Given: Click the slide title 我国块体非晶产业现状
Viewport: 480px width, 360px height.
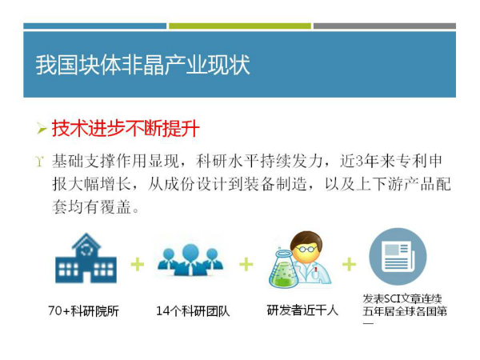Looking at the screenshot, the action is [x=142, y=65].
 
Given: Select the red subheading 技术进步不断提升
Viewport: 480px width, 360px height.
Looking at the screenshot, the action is [x=126, y=128].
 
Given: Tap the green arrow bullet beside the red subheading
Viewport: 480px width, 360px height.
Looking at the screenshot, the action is [x=42, y=128].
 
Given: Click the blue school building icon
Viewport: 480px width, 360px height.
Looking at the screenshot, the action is [x=86, y=258].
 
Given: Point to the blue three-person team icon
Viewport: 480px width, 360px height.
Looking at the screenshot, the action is [x=190, y=259].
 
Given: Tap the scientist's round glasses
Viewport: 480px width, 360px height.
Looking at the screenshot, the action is [x=304, y=249].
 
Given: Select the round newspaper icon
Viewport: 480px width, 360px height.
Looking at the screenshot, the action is [x=398, y=257].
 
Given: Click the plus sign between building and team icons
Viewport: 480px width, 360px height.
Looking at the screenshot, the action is [x=137, y=265].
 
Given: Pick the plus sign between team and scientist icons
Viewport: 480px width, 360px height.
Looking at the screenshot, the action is [x=246, y=265].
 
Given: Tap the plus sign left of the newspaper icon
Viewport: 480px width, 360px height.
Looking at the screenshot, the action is [x=349, y=265].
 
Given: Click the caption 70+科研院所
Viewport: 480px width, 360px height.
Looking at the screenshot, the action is [x=83, y=311].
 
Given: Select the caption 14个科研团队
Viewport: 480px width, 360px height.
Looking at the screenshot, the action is [x=193, y=311].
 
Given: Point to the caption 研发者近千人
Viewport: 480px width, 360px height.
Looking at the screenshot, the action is [x=302, y=310].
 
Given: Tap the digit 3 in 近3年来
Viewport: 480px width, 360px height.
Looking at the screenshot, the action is [x=359, y=162].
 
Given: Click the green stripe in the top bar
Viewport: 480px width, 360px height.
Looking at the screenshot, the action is [x=240, y=26].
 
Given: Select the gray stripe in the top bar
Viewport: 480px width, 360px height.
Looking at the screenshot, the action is [x=385, y=26].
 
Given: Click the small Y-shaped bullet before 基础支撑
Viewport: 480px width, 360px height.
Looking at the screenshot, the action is [x=40, y=162].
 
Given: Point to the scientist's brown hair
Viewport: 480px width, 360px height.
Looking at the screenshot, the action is [x=306, y=238].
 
